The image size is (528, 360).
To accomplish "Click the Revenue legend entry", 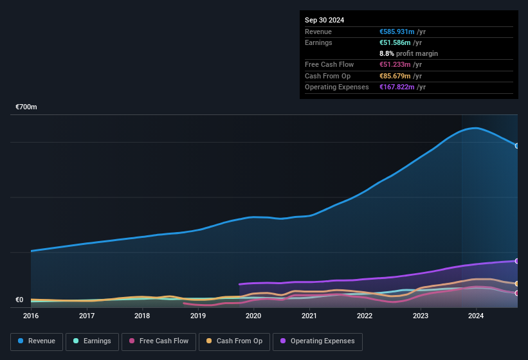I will (37, 341).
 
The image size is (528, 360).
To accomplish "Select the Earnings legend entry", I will (92, 341).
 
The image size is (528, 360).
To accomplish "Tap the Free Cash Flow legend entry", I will (158, 341).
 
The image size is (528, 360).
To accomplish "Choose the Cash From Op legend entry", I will (233, 341).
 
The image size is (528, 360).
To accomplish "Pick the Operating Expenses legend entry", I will (317, 341).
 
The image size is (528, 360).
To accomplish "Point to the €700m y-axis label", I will (26, 107).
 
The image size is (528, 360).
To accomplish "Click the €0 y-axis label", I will (19, 300).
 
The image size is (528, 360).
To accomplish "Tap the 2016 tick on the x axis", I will (31, 316).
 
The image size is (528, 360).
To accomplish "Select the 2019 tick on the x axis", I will (198, 316).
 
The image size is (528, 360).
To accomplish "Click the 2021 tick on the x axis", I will (309, 316).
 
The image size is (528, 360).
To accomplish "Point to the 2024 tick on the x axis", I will (476, 316).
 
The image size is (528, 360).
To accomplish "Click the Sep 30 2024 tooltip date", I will (324, 20).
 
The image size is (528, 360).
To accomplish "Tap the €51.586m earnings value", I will (395, 42).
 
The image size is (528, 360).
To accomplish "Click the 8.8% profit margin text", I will (408, 53).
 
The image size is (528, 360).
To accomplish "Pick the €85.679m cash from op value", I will (395, 76).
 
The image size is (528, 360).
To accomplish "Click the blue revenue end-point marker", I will (517, 146).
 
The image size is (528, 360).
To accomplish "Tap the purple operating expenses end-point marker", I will (517, 261).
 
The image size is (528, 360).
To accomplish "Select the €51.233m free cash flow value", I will (395, 65).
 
